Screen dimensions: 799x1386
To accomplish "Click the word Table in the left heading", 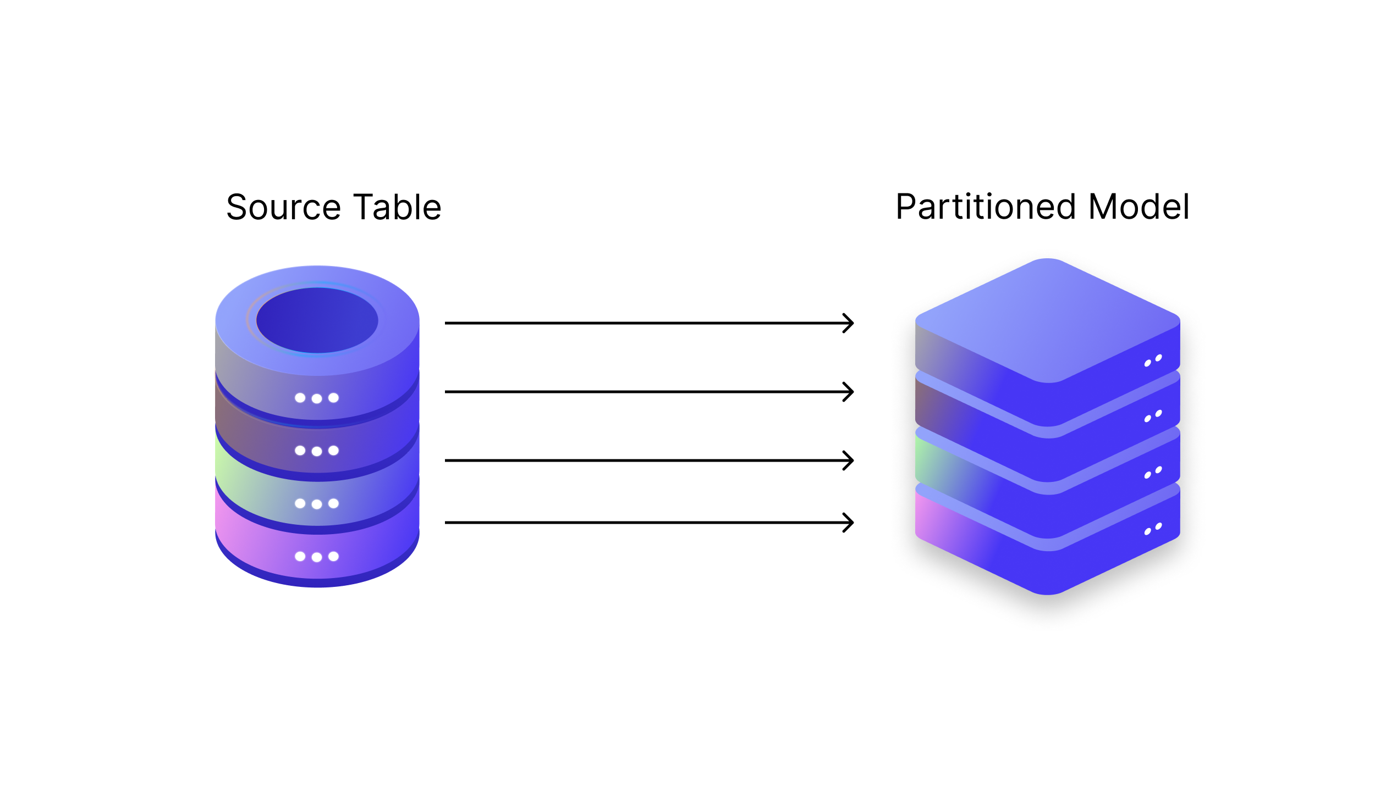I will (x=398, y=207).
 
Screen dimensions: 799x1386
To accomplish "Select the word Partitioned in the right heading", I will (x=985, y=207).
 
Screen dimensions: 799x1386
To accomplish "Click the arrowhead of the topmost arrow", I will (x=849, y=323).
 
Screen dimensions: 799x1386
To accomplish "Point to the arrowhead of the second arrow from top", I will (x=849, y=392).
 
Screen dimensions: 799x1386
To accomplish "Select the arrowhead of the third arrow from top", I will (x=849, y=460).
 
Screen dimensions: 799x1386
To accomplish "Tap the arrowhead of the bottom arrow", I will (x=849, y=523).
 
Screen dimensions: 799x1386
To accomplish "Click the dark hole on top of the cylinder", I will (x=317, y=320).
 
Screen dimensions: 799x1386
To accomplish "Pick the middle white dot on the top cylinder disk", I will (x=317, y=398).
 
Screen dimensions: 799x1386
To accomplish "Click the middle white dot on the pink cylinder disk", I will (x=317, y=557).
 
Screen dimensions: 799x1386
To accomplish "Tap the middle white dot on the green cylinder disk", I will (x=317, y=504).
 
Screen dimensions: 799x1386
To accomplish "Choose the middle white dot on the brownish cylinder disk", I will (x=317, y=451).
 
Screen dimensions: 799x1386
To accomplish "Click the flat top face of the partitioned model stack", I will (x=1047, y=319).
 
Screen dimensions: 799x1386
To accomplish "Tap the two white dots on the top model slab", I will (x=1153, y=360).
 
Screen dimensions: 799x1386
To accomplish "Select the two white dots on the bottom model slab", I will (x=1153, y=529).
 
